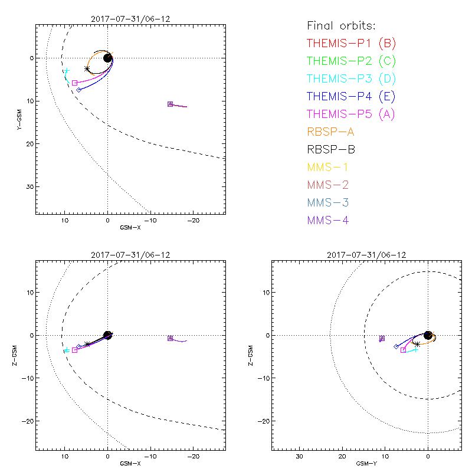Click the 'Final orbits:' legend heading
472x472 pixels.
click(x=342, y=26)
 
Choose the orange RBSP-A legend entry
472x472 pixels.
click(x=330, y=132)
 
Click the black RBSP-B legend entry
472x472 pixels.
click(x=330, y=150)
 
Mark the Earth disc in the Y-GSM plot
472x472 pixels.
click(x=107, y=58)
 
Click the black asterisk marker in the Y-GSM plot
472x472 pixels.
click(x=87, y=69)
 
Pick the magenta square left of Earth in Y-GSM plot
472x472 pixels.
click(x=74, y=83)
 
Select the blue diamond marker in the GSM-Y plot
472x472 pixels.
click(x=396, y=347)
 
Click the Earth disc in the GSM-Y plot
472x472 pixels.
click(x=428, y=335)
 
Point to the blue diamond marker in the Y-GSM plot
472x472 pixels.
click(x=78, y=90)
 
